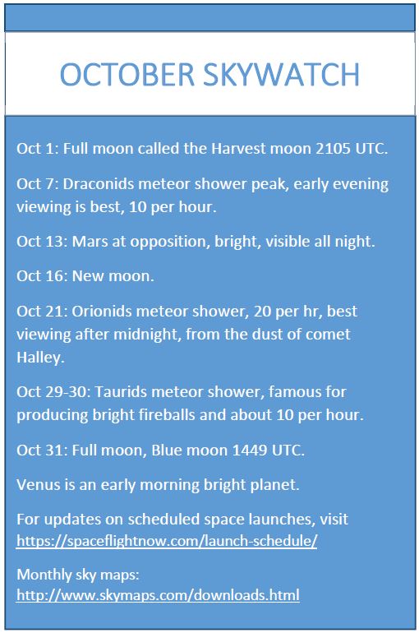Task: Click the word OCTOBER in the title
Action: [x=127, y=75]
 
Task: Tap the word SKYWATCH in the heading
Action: [x=281, y=75]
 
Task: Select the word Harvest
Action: [x=238, y=149]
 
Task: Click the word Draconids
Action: [x=99, y=183]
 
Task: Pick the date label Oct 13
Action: [x=40, y=242]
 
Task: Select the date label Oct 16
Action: [x=40, y=276]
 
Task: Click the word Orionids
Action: [x=102, y=312]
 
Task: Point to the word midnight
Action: [x=147, y=335]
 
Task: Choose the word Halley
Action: [x=40, y=358]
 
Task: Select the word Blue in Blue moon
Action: [x=165, y=450]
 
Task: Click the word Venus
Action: [x=39, y=485]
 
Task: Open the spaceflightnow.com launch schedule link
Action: [x=167, y=541]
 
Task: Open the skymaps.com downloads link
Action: [x=158, y=595]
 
